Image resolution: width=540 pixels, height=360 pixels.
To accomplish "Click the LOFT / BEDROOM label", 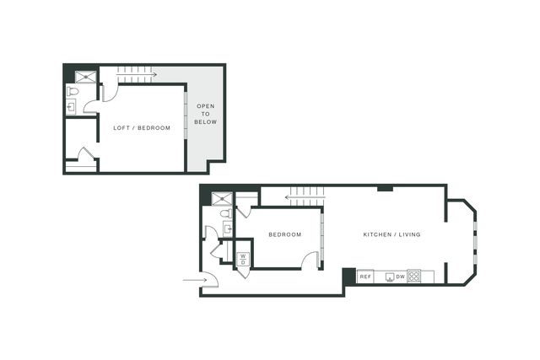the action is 142,128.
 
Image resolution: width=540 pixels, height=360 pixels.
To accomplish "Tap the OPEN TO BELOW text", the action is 206,114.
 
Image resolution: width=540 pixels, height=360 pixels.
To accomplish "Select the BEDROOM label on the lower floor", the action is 285,234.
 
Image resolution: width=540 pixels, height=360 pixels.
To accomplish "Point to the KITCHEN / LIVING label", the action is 391,234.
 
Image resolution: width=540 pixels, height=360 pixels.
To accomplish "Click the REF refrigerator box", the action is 365,277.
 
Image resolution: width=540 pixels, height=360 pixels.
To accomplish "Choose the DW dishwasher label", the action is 401,277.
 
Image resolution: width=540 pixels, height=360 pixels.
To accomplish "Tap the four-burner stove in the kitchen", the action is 413,277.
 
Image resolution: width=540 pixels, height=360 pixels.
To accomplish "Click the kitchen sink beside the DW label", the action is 390,277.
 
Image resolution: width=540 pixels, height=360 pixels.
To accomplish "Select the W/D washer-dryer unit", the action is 243,259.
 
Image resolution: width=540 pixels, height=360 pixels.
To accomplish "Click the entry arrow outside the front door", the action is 195,280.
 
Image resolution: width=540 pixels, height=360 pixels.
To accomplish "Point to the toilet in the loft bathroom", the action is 73,92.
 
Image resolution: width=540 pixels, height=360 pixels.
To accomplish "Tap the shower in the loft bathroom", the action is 85,77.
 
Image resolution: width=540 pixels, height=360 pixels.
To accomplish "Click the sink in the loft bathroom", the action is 71,107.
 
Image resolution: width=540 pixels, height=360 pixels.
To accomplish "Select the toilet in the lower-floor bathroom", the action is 226,213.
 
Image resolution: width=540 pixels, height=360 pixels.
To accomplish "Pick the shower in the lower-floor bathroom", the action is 222,199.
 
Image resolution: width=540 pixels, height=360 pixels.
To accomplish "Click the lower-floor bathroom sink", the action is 228,228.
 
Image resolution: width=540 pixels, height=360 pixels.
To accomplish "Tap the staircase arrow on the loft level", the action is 137,74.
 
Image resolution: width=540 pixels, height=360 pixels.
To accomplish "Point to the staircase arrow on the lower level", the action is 305,197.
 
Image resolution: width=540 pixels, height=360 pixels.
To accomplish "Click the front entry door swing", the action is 210,279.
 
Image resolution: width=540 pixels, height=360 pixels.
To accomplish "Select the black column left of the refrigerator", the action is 348,277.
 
